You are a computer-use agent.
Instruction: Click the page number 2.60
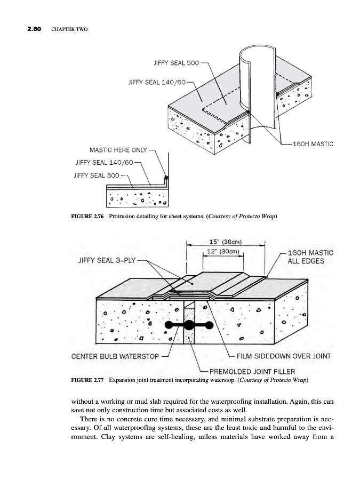(34, 29)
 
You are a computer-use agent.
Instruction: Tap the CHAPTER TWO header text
(69, 29)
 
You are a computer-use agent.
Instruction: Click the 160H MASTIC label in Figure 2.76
(313, 144)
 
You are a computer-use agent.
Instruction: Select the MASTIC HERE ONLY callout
(118, 150)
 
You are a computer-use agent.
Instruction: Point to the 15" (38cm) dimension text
(226, 242)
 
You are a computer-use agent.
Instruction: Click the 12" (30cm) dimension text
(223, 252)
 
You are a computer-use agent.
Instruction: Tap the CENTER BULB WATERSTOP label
(115, 356)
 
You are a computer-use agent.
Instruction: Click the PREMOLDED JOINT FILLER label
(252, 372)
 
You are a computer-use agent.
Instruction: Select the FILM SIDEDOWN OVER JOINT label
(284, 356)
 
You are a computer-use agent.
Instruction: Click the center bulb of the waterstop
(189, 325)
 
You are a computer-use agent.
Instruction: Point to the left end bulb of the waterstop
(169, 325)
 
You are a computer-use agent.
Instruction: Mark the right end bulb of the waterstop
(210, 325)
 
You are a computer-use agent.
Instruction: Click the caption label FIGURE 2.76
(87, 217)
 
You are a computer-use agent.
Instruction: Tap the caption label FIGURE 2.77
(87, 380)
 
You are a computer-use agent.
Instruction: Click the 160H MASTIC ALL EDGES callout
(310, 257)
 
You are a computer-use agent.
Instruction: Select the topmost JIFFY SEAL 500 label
(176, 63)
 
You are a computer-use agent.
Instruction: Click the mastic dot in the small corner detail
(166, 178)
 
